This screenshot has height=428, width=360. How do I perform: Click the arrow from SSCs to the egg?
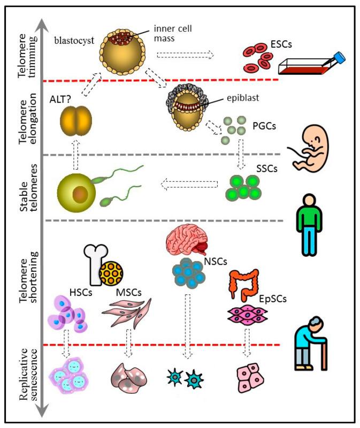[x=189, y=186]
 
